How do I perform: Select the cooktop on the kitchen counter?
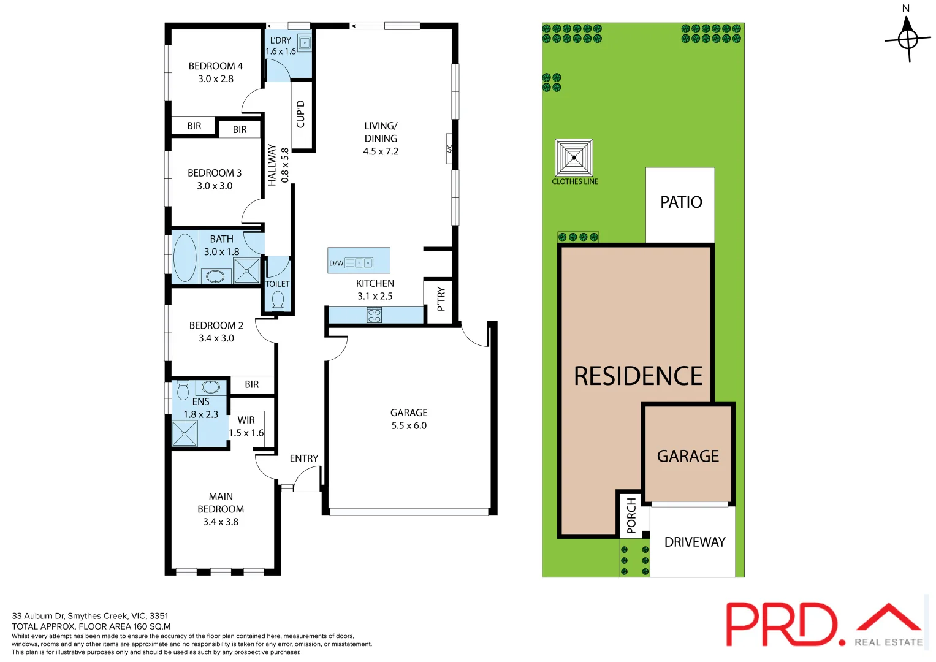coord(374,316)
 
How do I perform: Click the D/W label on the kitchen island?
coord(337,264)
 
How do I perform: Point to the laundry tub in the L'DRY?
coord(304,42)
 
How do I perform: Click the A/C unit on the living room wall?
coord(449,149)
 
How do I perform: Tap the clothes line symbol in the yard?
coord(574,158)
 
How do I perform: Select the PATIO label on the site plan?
coord(681,202)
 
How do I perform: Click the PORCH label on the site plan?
coord(631,515)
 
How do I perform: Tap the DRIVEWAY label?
coord(694,542)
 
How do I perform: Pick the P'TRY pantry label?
coord(441,299)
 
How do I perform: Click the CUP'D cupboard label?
coord(300,114)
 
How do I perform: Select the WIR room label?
coord(246,420)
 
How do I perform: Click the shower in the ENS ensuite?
coord(185,433)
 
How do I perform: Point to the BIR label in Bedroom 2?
coord(251,384)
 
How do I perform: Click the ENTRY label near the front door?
coord(304,458)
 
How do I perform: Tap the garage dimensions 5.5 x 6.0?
coord(409,425)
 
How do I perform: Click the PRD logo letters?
coord(781,624)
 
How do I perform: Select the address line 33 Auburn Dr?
coord(90,616)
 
